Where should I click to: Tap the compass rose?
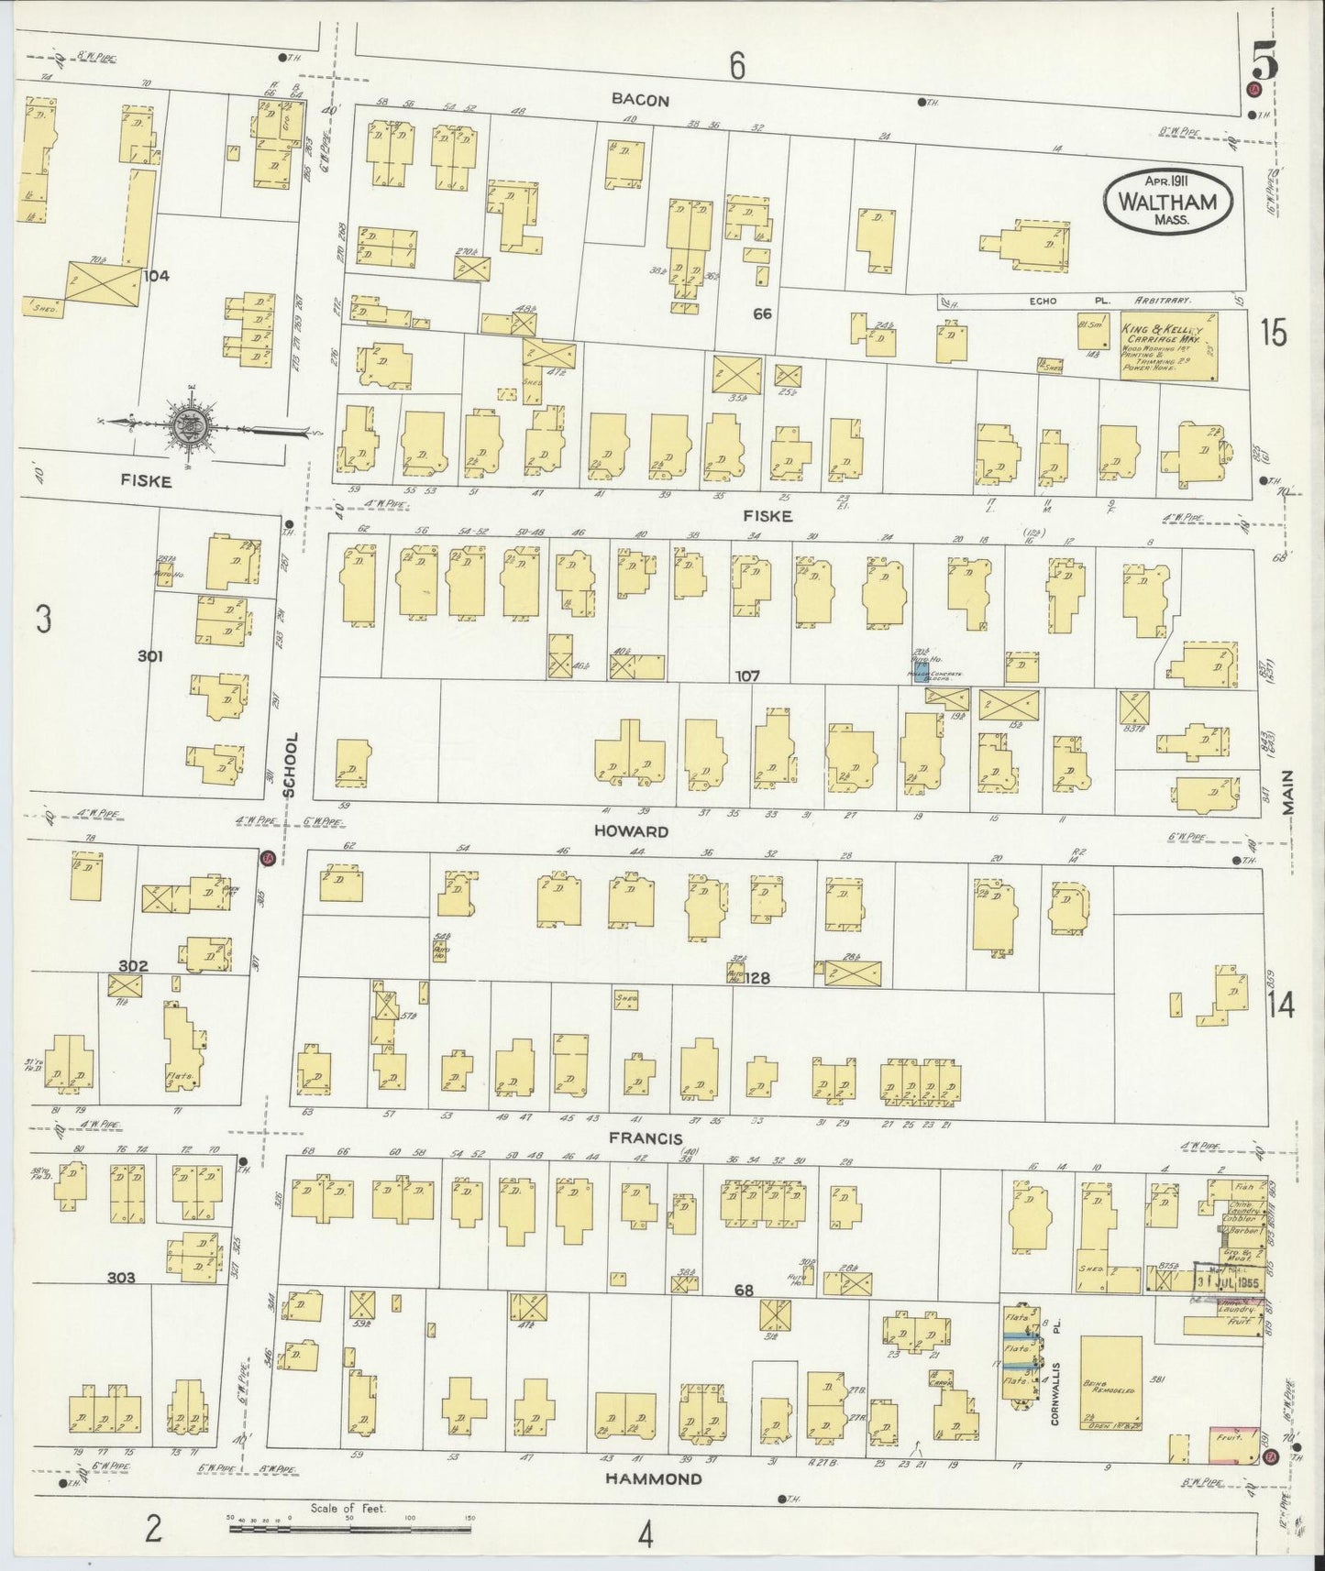[191, 423]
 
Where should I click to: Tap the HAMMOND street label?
[653, 1478]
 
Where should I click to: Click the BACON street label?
[642, 100]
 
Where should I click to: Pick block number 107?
[747, 676]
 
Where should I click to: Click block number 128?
[756, 978]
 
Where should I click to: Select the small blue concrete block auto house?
[921, 666]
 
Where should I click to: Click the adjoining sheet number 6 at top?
[735, 65]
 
